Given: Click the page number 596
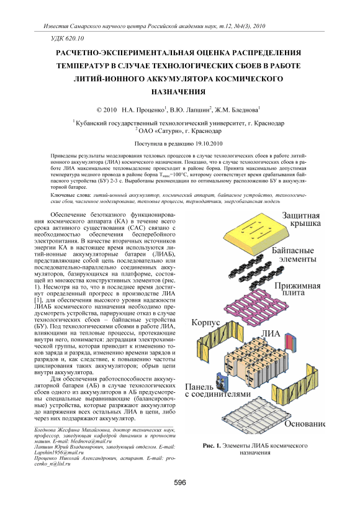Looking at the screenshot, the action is (x=180, y=483).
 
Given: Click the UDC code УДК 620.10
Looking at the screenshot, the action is (x=68, y=38).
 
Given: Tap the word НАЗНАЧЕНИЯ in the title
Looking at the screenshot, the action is (x=179, y=92).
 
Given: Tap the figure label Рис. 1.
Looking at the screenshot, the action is (x=212, y=446).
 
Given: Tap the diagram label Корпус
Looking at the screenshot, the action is (x=205, y=323).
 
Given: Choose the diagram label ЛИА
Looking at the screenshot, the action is (x=271, y=334).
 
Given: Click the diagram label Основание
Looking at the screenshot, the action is (x=305, y=424).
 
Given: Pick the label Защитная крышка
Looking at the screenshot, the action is (x=301, y=220).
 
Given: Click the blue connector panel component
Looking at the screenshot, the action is (x=221, y=382).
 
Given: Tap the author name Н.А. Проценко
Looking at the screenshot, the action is (x=143, y=110).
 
